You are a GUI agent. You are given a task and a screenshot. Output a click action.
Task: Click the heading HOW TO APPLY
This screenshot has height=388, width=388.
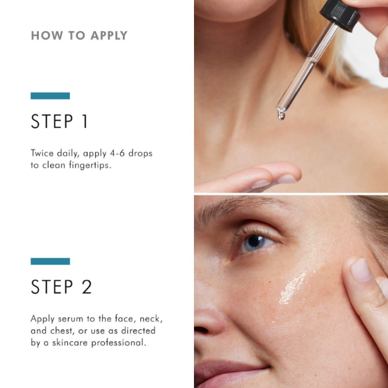click(x=79, y=36)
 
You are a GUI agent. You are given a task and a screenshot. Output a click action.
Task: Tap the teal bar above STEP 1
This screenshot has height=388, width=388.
click(x=50, y=96)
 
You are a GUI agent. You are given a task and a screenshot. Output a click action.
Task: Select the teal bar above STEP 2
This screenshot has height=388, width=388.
click(x=50, y=261)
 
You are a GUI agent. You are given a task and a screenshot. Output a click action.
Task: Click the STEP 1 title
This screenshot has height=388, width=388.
click(x=59, y=122)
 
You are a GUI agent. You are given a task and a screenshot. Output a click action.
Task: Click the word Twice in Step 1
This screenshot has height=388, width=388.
click(x=43, y=153)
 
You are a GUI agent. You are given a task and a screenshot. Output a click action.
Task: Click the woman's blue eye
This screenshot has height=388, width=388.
click(x=254, y=242)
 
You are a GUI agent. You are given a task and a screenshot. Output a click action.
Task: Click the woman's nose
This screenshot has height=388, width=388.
click(x=210, y=317)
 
